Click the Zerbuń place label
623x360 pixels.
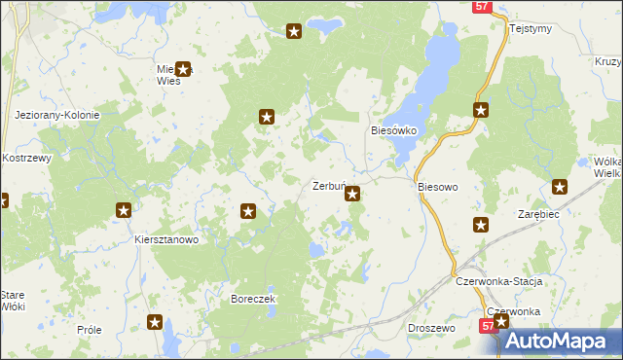click(x=327, y=186)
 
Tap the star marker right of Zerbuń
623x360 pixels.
click(x=352, y=194)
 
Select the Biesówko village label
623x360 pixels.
click(x=394, y=129)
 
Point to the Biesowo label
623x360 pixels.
click(x=437, y=186)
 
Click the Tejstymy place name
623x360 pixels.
click(x=531, y=28)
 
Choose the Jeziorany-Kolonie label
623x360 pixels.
click(x=57, y=115)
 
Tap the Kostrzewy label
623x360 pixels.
click(x=26, y=158)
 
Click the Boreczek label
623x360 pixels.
click(x=254, y=299)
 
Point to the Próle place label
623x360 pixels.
click(x=89, y=330)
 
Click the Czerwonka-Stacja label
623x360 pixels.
click(x=498, y=280)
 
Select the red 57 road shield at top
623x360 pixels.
click(x=482, y=6)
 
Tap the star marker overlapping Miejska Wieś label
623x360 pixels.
click(x=182, y=70)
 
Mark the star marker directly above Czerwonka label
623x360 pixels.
click(x=501, y=320)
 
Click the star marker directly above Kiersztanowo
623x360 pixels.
click(x=124, y=209)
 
